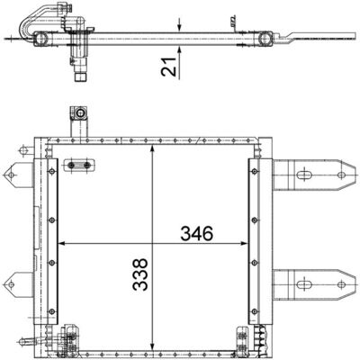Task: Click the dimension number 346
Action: [x=195, y=233]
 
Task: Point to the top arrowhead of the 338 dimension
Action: [x=153, y=147]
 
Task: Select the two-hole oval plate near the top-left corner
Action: [x=78, y=165]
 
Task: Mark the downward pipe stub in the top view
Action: [x=78, y=69]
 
